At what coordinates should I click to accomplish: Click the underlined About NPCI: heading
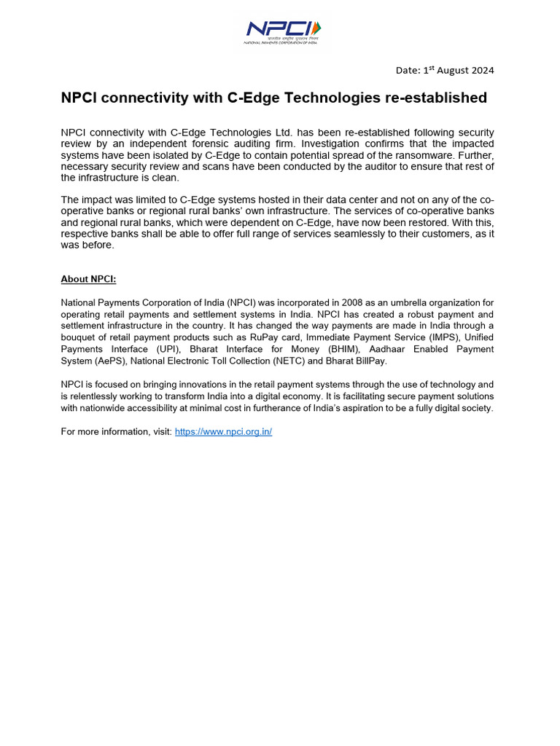pyautogui.click(x=88, y=279)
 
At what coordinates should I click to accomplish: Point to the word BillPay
pyautogui.click(x=370, y=361)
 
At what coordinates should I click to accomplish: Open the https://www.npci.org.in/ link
pyautogui.click(x=223, y=432)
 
